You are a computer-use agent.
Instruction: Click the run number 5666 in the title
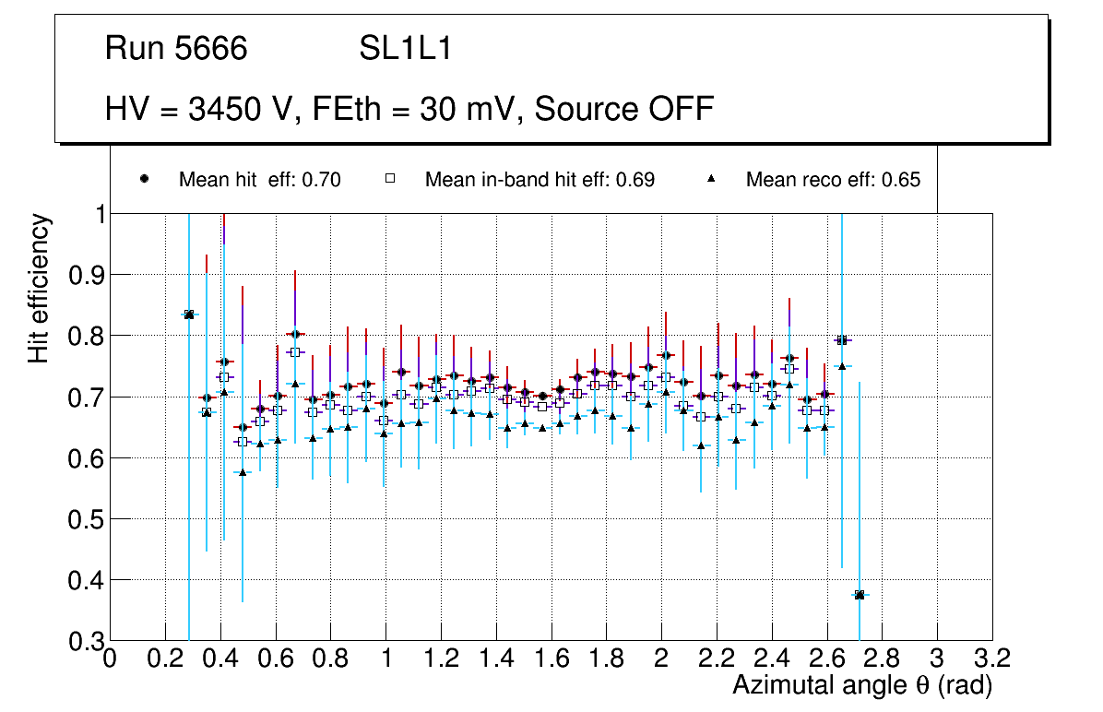point(211,49)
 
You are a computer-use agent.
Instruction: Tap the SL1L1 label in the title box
point(405,49)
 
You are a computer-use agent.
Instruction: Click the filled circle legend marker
point(144,179)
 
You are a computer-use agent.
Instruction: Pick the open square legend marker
point(390,179)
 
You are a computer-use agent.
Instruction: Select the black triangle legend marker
point(712,179)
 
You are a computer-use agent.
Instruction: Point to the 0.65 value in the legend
point(901,180)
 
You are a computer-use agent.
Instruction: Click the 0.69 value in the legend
point(635,180)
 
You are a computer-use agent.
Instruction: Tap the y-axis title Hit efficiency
point(40,288)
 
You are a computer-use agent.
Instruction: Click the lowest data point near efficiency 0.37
point(860,595)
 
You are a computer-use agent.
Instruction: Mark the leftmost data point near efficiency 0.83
point(189,314)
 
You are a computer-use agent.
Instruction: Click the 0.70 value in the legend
point(322,180)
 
